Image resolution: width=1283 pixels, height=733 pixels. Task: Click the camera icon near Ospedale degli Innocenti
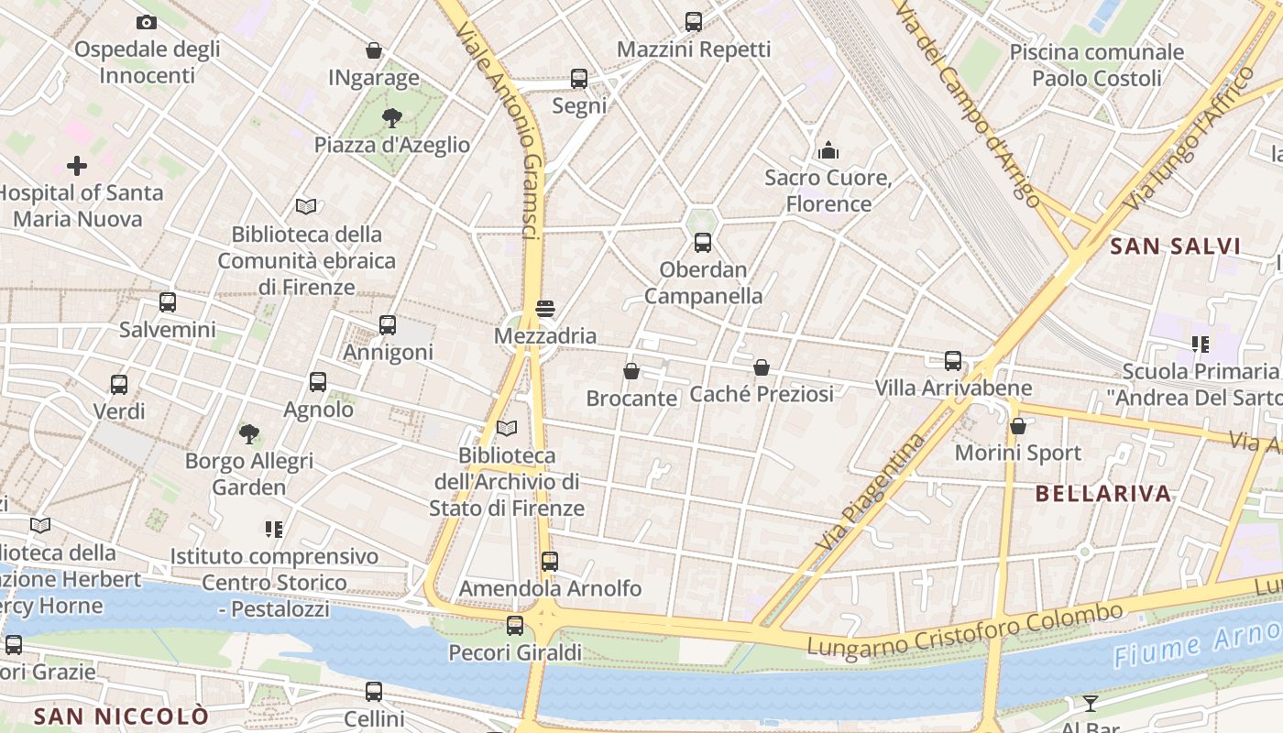[x=146, y=23]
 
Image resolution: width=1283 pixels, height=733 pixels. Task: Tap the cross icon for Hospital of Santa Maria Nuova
[x=77, y=166]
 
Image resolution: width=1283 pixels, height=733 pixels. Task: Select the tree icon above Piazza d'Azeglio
[x=392, y=117]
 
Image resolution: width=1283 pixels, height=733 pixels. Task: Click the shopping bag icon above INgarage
[x=374, y=50]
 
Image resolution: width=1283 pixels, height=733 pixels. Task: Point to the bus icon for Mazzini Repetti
[x=694, y=21]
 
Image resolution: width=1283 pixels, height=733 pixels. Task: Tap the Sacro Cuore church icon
[x=828, y=150]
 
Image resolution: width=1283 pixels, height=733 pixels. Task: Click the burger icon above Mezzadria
[x=545, y=309]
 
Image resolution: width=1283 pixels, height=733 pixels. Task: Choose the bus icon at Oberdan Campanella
[x=703, y=243]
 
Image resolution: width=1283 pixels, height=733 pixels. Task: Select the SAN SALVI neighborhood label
[x=1175, y=246]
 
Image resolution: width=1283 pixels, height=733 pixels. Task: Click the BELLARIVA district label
[x=1103, y=494]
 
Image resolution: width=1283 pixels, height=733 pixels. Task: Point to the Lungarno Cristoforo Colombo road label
[x=964, y=629]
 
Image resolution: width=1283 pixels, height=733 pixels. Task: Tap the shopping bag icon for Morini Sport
[x=1018, y=426]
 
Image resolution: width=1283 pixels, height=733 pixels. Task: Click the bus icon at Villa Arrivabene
[x=953, y=361]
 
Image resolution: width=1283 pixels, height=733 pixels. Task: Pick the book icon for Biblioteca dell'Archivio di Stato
[x=507, y=428]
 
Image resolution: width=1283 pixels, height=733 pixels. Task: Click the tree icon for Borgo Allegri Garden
[x=248, y=433]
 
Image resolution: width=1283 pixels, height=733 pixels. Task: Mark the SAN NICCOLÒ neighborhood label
[x=121, y=716]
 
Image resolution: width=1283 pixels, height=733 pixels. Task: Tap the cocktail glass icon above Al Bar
[x=1090, y=703]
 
